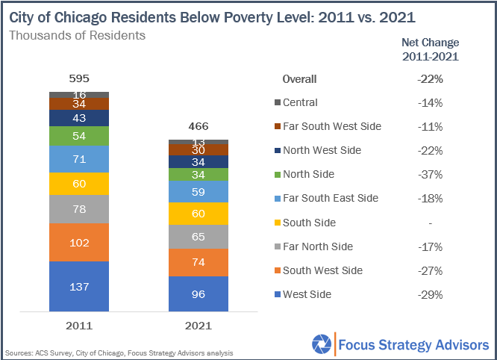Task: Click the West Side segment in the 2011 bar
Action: click(x=79, y=286)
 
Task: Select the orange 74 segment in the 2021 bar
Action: click(x=198, y=262)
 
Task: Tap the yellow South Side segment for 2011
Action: click(x=79, y=184)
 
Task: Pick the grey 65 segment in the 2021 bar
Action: click(x=198, y=237)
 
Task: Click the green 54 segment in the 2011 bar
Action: click(x=79, y=136)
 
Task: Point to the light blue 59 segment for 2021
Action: click(x=198, y=191)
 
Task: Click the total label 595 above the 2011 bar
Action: click(x=79, y=78)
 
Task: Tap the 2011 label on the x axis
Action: click(x=79, y=326)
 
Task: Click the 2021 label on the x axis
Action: click(x=198, y=326)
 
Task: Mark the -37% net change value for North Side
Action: click(x=431, y=174)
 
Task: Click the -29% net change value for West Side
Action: click(x=431, y=294)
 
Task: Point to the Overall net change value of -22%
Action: click(x=431, y=78)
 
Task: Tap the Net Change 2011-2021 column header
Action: click(x=431, y=49)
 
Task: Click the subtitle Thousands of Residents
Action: click(x=77, y=35)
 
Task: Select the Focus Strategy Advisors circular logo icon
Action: click(x=322, y=344)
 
